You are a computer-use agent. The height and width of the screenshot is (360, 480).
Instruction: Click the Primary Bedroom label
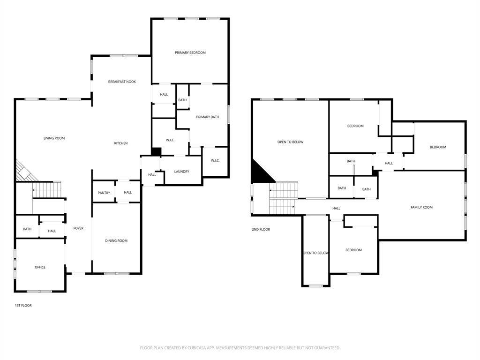coord(190,53)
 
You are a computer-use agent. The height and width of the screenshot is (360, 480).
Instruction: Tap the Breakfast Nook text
coord(122,82)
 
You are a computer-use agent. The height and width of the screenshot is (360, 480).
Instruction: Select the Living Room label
coord(54,138)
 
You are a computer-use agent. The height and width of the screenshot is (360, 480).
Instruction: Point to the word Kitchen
coord(121,143)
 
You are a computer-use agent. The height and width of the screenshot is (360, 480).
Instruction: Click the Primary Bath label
coord(207,117)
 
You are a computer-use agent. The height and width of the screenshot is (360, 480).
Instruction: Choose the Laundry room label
coord(181,172)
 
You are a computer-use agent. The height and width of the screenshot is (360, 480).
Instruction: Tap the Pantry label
coord(104,193)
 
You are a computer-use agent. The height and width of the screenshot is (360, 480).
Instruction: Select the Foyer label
coord(78,228)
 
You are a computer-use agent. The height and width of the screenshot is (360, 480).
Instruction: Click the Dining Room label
coord(116,241)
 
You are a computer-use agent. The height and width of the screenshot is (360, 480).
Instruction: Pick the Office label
coord(40,267)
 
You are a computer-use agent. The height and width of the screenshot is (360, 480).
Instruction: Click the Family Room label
coord(421,207)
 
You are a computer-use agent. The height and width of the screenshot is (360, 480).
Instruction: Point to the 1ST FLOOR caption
coord(23,306)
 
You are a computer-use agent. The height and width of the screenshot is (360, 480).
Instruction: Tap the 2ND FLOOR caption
coord(261,230)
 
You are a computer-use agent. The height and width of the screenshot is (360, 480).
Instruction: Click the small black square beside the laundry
coord(156,152)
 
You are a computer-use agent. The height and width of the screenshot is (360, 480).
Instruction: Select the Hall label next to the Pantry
coord(128,193)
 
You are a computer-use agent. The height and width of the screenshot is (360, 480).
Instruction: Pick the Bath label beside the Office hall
coord(27,229)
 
